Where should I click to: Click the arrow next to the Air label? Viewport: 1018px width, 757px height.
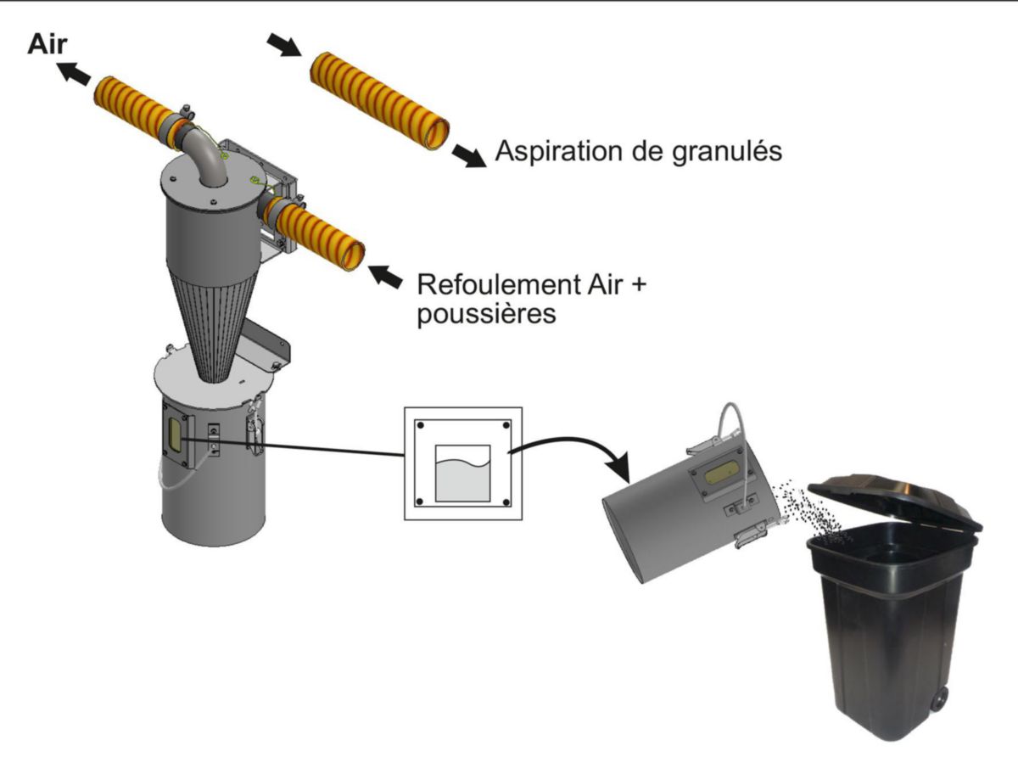tap(76, 75)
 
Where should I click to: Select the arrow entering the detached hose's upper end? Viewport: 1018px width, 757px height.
tap(285, 43)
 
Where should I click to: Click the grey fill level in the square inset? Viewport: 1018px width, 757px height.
tap(462, 482)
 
